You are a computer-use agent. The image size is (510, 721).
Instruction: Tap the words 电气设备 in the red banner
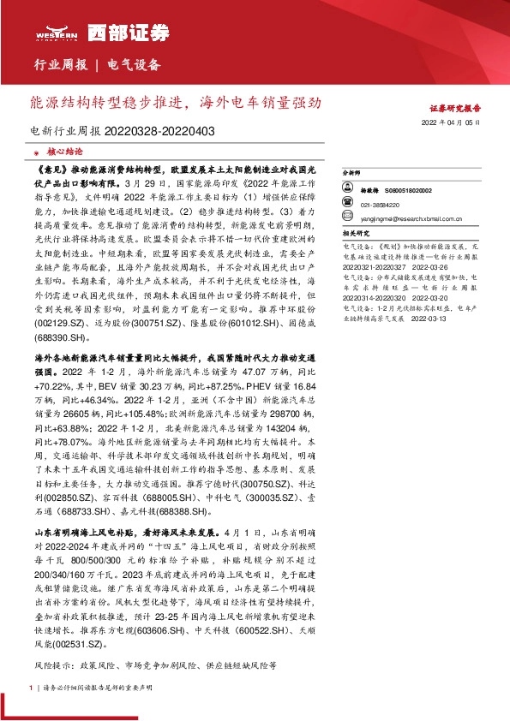[135, 65]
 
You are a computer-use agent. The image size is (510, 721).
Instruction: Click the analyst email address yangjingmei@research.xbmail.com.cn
[403, 217]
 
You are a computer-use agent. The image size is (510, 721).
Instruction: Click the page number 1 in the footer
[31, 688]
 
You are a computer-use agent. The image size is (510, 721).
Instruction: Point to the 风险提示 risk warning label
[53, 663]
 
